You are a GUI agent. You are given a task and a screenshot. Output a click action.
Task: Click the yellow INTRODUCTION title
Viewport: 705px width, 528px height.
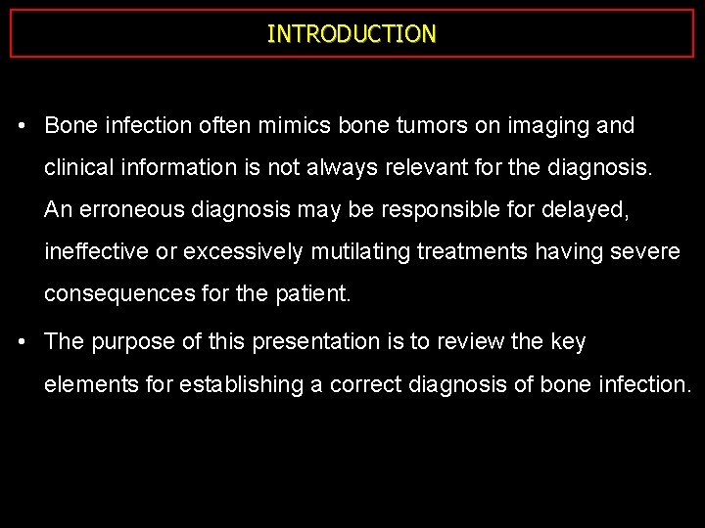[x=352, y=34]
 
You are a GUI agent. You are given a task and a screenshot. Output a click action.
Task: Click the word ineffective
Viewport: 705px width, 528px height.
[x=97, y=252]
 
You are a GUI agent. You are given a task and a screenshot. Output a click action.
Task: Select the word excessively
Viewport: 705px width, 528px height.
[x=244, y=252]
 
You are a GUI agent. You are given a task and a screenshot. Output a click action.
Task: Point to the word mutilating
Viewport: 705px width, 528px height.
[x=360, y=252]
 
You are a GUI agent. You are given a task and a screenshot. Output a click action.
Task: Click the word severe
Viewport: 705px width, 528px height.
[x=647, y=252]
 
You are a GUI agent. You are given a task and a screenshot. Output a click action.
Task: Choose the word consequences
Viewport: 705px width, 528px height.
[x=120, y=294]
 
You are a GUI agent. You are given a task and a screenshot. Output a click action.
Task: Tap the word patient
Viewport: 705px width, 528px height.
[x=312, y=294]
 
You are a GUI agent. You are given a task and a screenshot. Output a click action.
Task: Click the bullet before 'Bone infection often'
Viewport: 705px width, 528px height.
[x=22, y=126]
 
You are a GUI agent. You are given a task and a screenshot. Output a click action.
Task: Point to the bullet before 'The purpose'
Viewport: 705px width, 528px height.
[x=22, y=342]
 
